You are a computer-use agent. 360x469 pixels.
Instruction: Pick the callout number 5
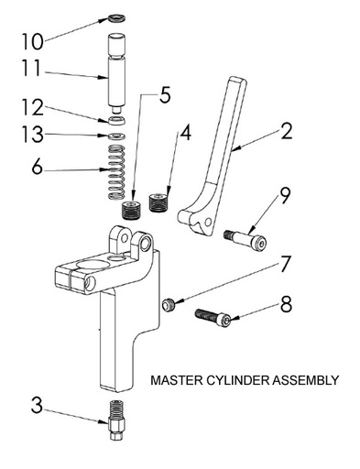(x=165, y=95)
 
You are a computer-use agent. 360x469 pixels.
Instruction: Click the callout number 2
(x=288, y=130)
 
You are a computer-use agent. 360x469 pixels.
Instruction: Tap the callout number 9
(x=286, y=194)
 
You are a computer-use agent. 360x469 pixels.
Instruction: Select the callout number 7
(x=286, y=265)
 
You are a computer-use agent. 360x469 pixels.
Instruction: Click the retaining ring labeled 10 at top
(x=118, y=17)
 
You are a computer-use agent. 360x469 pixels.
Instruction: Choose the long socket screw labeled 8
(x=216, y=318)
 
